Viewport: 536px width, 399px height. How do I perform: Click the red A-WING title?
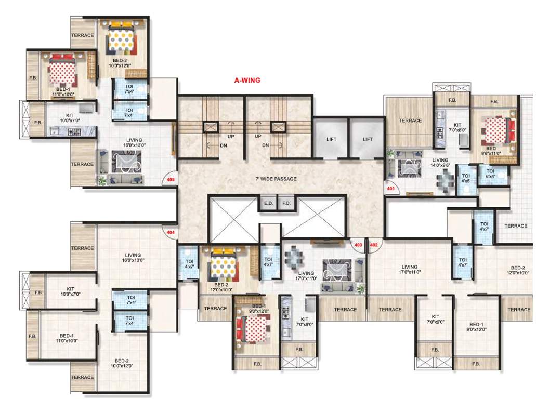[246, 81]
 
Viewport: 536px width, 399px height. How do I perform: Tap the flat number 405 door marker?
[169, 180]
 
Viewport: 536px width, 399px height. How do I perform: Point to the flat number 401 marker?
[390, 189]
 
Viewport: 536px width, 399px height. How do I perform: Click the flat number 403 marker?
[358, 244]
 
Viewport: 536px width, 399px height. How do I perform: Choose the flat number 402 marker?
[373, 244]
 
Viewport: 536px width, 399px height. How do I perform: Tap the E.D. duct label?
[269, 203]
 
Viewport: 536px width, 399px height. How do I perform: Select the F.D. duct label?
[286, 203]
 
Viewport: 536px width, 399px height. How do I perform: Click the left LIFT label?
[331, 139]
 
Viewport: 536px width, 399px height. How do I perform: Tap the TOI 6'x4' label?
[490, 174]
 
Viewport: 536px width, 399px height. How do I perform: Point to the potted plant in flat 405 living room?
[102, 181]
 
